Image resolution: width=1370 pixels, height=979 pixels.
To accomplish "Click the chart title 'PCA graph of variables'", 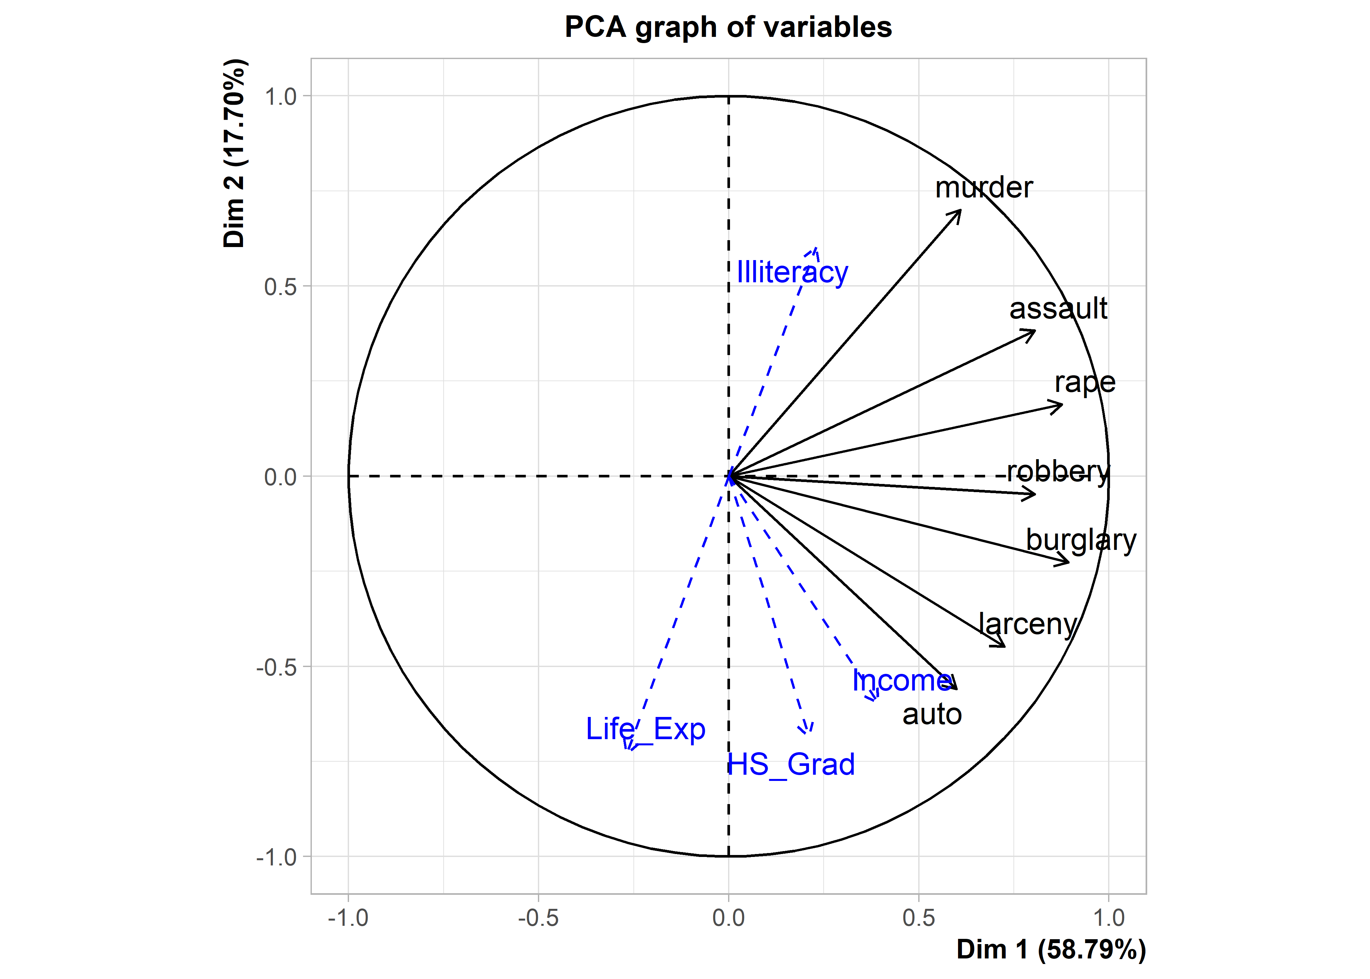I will [x=728, y=27].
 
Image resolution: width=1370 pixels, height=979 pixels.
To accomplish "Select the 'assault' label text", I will [x=1058, y=309].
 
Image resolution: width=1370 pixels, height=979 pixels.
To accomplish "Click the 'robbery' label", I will [x=1058, y=472].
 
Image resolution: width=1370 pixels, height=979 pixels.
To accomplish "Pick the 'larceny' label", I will [x=1027, y=624].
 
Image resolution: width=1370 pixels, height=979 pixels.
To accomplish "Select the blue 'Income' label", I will [x=902, y=681].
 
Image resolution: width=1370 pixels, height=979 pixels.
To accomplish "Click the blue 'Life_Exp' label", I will [x=645, y=729].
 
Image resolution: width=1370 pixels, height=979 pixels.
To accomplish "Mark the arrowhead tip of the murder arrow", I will [x=961, y=210].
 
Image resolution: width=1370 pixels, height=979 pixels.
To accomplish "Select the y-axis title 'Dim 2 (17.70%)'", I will [x=234, y=154].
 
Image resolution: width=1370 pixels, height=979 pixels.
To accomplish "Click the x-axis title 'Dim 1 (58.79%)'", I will [x=1051, y=949].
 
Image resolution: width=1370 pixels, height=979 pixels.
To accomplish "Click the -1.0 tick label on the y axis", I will [x=277, y=857].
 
